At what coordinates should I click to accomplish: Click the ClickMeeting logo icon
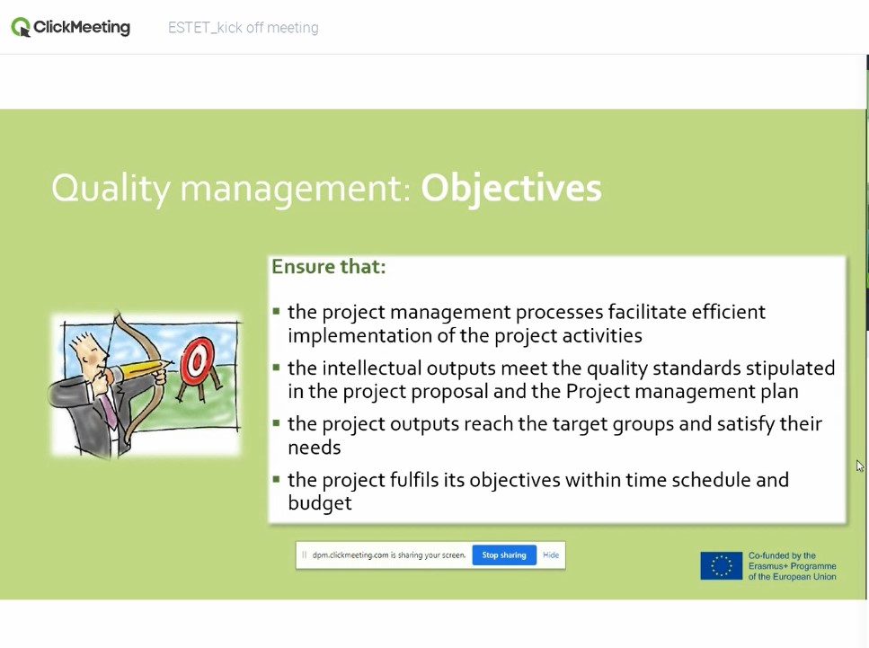(x=21, y=27)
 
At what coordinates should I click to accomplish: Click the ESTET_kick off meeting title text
(x=244, y=28)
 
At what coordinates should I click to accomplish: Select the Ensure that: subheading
(x=329, y=267)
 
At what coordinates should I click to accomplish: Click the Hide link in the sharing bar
(x=551, y=555)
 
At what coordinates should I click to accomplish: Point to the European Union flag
(x=721, y=566)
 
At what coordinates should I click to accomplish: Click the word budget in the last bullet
(x=320, y=502)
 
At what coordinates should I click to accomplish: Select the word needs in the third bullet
(x=315, y=448)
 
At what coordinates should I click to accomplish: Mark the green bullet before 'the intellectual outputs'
(x=276, y=367)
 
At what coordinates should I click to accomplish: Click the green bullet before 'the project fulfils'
(x=276, y=478)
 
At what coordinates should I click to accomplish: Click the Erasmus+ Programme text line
(x=792, y=566)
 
